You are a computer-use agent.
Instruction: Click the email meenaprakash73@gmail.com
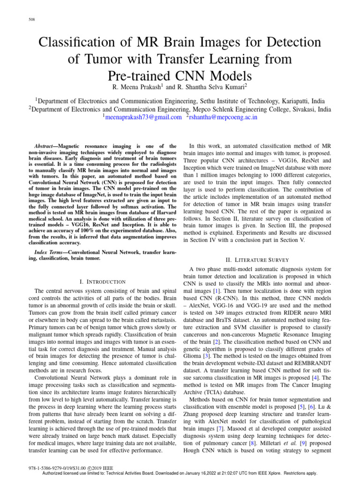(142, 117)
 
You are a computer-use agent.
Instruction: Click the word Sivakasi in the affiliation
(300, 109)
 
